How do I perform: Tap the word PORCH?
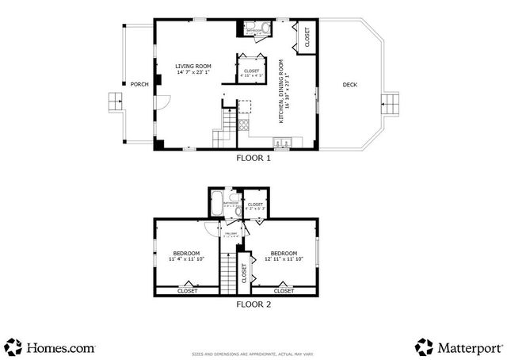tap(139, 84)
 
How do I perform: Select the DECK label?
tap(349, 86)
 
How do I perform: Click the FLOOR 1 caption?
tap(253, 158)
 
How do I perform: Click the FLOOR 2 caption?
tap(253, 303)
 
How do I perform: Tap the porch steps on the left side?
tap(116, 101)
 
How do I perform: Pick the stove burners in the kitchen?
tap(244, 124)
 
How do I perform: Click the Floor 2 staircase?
tap(228, 274)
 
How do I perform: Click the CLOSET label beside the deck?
tap(307, 36)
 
